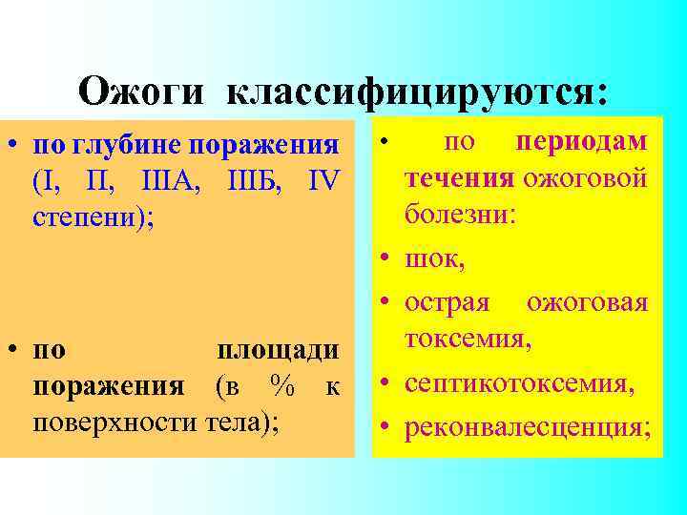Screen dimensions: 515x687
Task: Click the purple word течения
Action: pos(459,177)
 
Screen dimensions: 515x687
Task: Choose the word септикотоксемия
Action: pos(518,385)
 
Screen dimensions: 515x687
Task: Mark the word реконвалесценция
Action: pos(528,428)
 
